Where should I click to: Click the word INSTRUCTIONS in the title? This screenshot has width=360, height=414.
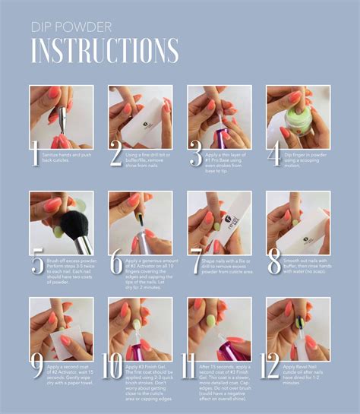click(105, 49)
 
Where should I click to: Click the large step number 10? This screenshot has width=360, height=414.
click(114, 365)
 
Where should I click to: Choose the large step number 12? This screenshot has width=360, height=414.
click(272, 365)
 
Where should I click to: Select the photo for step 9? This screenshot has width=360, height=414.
click(62, 328)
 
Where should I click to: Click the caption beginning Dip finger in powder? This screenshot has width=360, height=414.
click(308, 158)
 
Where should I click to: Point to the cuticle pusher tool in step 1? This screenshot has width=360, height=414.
click(60, 118)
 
